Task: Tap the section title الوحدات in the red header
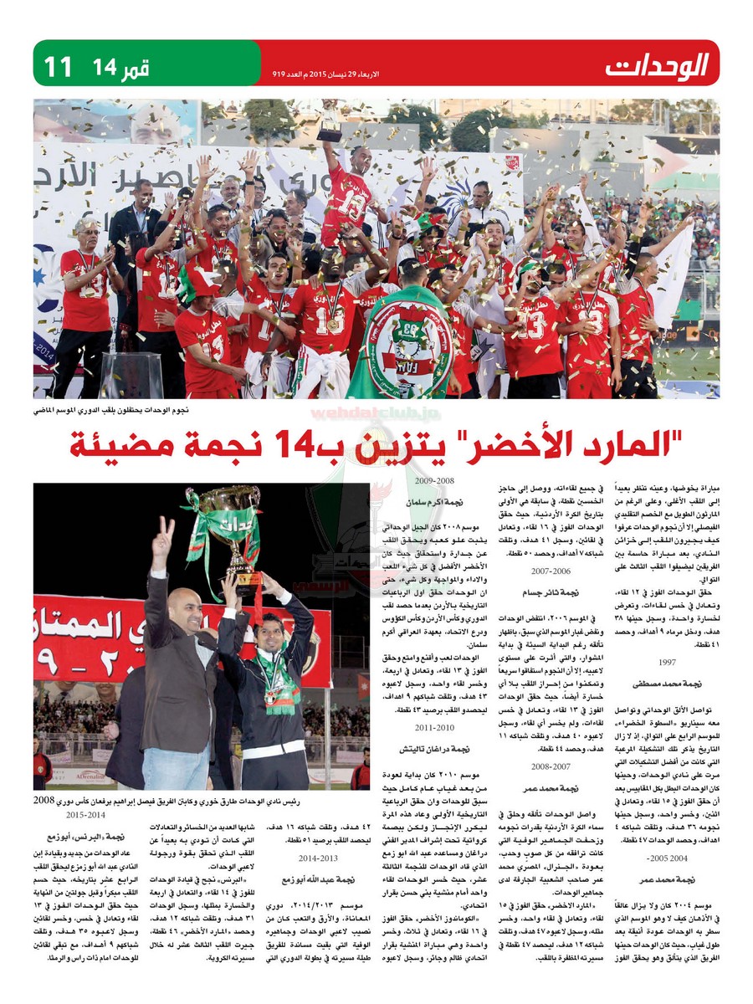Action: click(x=658, y=64)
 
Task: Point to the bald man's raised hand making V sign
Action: click(x=163, y=535)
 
